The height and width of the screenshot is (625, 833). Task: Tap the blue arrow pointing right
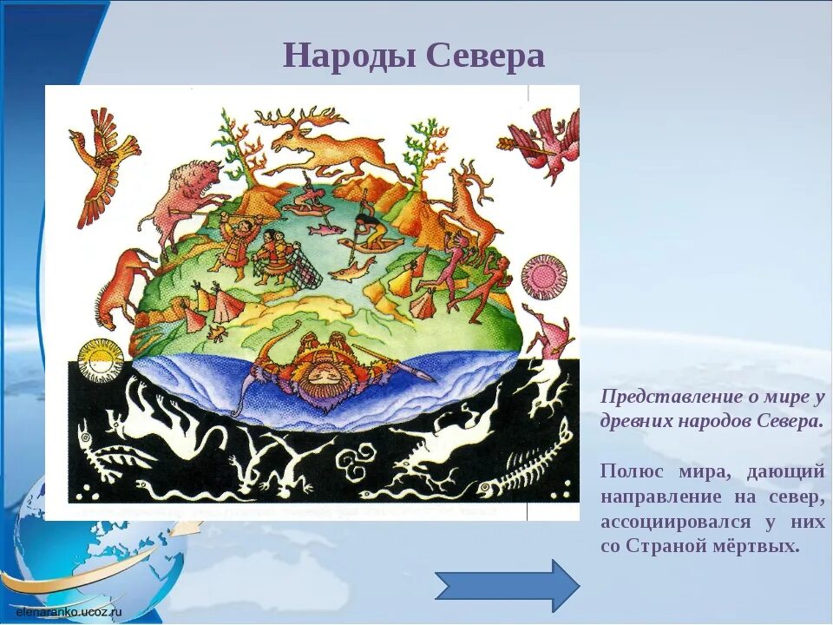508,585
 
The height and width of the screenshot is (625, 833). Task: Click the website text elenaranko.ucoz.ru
69,611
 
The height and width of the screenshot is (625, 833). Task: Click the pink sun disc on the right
541,276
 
